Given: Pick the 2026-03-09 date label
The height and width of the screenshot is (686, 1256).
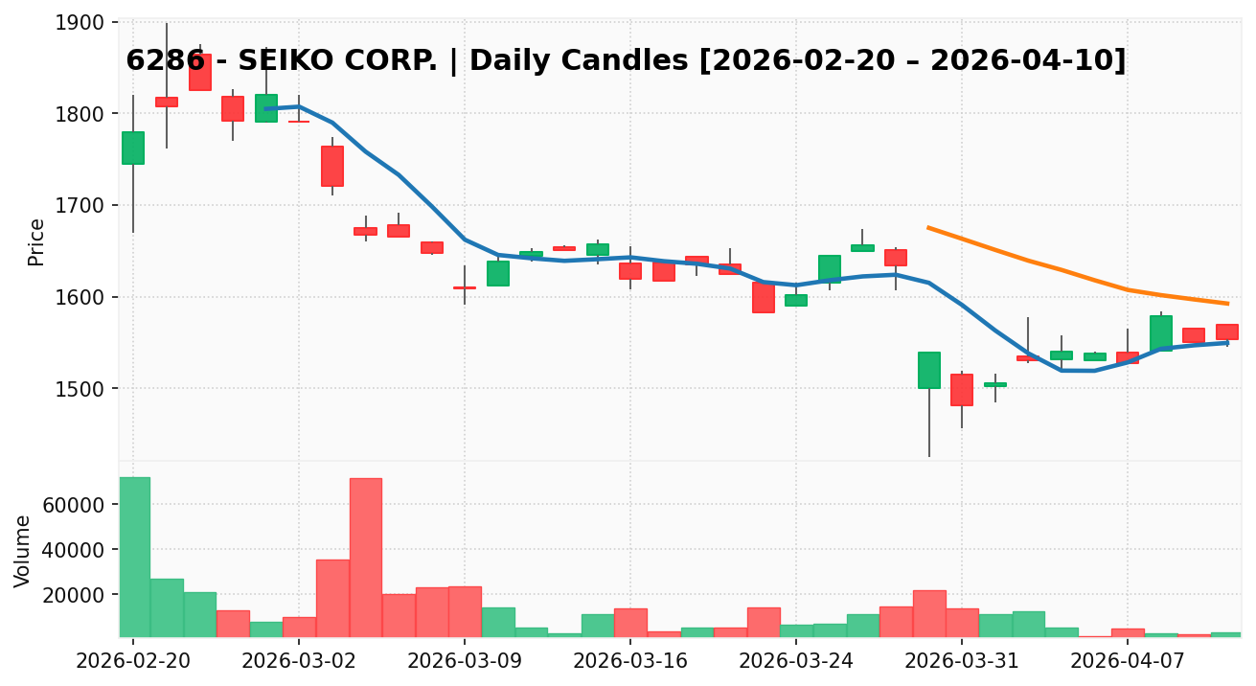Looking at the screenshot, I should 465,662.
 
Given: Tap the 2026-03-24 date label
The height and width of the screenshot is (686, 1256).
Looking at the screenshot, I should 796,662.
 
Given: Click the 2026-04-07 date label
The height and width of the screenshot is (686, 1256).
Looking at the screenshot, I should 1128,662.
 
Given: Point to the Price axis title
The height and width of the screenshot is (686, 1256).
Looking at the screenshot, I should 36,241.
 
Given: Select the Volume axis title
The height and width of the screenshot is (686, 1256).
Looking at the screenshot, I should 23,551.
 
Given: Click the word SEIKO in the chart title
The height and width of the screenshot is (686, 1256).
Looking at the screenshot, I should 283,61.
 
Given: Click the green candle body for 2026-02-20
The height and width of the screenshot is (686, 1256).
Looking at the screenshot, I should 133,148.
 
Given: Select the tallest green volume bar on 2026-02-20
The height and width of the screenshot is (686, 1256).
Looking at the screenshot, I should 134,556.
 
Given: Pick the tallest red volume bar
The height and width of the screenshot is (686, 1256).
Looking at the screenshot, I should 365,557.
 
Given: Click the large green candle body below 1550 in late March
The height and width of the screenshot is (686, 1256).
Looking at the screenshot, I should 928,370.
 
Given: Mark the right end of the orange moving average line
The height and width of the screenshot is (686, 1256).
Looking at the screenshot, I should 1228,304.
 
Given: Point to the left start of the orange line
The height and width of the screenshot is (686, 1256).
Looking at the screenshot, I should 928,228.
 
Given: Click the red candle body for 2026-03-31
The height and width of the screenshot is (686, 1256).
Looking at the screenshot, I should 962,390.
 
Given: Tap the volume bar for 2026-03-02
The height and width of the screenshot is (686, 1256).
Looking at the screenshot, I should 299,627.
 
